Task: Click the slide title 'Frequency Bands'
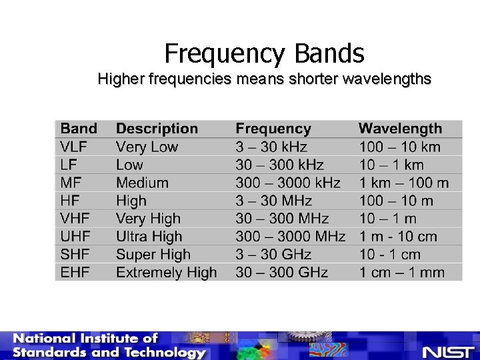tap(264, 53)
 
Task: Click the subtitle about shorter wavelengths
tap(264, 79)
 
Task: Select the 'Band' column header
tap(79, 129)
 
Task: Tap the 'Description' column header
tap(157, 129)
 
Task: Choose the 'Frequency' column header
tap(273, 129)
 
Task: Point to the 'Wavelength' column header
tap(400, 129)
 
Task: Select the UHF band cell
tap(75, 237)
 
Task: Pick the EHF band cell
tap(75, 272)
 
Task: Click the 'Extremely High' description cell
tap(166, 272)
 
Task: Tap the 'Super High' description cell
tap(153, 254)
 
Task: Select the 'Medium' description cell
tap(142, 183)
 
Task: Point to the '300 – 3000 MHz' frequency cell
tap(290, 237)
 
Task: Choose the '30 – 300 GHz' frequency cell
tap(281, 272)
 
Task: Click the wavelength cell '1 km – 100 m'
tap(403, 183)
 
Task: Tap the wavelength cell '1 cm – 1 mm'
tap(401, 272)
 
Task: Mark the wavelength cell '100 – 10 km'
tap(400, 147)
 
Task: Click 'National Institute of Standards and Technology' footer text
tap(107, 346)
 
